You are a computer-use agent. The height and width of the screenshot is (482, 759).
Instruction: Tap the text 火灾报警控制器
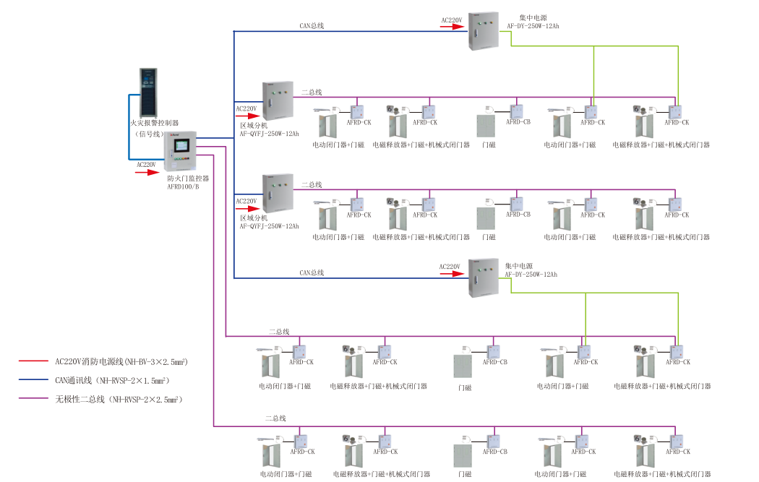pos(154,124)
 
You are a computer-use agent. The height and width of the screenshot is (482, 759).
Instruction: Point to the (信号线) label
pos(152,134)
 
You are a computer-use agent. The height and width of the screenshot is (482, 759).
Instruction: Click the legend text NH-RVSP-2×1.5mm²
pos(134,379)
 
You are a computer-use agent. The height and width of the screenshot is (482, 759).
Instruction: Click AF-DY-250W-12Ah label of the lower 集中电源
pos(531,275)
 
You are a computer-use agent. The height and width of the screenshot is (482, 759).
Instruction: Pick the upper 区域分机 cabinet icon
pos(278,101)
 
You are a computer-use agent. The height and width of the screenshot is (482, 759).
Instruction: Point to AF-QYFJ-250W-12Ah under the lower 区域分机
pos(269,226)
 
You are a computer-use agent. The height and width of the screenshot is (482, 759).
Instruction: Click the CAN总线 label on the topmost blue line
pos(312,26)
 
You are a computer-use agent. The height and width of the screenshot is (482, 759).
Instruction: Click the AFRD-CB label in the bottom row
pos(495,452)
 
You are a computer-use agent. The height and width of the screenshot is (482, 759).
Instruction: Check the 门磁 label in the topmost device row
pos(489,145)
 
